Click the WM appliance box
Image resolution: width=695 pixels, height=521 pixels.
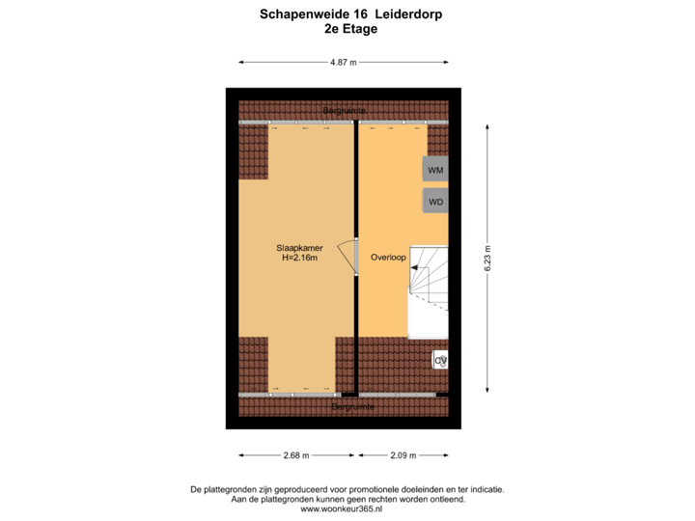click(x=435, y=170)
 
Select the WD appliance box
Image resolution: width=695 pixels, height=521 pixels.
click(x=435, y=202)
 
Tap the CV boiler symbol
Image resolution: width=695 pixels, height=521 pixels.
click(x=440, y=360)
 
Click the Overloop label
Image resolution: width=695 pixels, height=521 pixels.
click(x=387, y=258)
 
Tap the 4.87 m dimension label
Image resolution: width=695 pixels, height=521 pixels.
click(x=343, y=63)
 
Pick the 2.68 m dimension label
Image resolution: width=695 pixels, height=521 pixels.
click(x=296, y=455)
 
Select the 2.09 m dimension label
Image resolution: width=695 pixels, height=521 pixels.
click(x=403, y=455)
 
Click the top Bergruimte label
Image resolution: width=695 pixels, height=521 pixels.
click(x=344, y=112)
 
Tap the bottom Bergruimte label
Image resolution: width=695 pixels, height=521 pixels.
click(x=352, y=408)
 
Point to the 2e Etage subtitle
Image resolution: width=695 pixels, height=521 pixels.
click(x=351, y=29)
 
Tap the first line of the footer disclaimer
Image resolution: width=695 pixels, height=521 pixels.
click(x=347, y=489)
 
